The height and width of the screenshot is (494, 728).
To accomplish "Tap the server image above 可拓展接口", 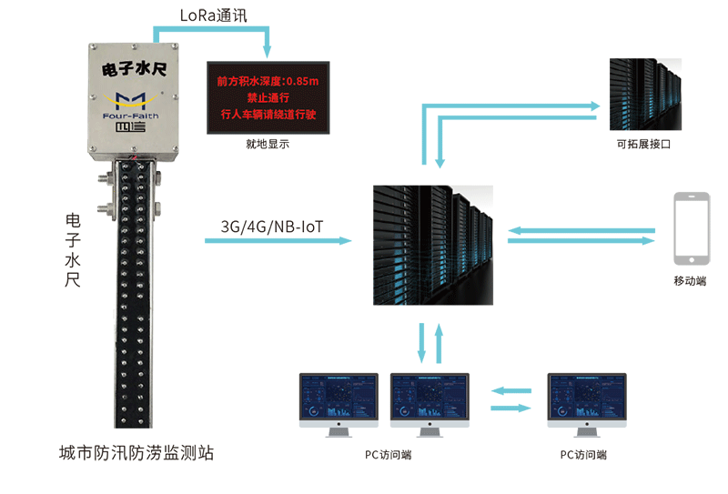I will pos(644,95).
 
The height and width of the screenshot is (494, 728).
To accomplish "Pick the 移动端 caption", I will pos(689,281).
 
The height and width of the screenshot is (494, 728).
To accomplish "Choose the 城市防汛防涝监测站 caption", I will pos(136,452).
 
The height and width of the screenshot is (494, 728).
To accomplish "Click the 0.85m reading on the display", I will pos(302,81).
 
